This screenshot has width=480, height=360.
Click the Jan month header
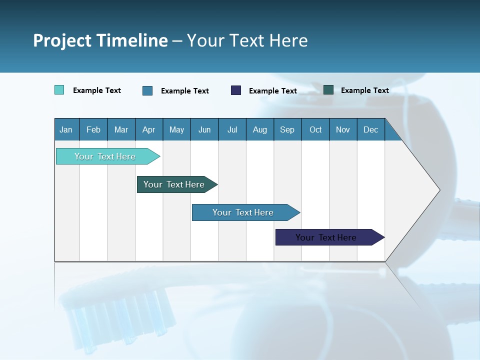click(x=66, y=129)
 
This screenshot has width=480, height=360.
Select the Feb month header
click(x=93, y=129)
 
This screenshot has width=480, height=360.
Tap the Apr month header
click(x=148, y=129)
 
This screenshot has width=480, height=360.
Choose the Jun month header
click(x=204, y=129)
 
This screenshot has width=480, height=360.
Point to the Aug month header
click(x=259, y=129)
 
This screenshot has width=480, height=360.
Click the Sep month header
click(x=287, y=129)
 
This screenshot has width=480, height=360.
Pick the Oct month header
click(x=315, y=129)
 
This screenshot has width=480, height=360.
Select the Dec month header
click(x=370, y=129)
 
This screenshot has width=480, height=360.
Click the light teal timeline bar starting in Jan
click(x=105, y=156)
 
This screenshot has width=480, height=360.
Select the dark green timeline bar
click(x=174, y=184)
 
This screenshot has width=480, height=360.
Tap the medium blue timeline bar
click(x=243, y=212)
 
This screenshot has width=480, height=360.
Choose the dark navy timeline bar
click(x=326, y=237)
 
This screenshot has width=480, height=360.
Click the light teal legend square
click(x=59, y=90)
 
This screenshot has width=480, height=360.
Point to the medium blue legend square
click(x=147, y=90)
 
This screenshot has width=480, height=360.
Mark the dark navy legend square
click(x=236, y=90)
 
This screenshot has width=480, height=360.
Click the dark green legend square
click(x=328, y=90)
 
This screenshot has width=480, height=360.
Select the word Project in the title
click(x=62, y=40)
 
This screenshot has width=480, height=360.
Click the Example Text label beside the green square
click(x=364, y=90)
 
